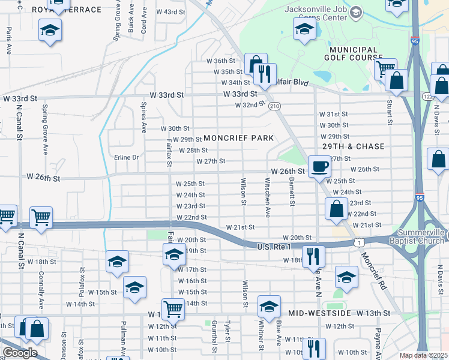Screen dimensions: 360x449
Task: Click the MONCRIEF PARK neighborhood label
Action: (239, 138)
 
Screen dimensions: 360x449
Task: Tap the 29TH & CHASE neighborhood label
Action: (353, 146)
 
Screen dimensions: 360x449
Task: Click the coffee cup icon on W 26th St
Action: (319, 165)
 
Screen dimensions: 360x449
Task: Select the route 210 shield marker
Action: (275, 106)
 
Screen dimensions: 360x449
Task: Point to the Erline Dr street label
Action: (127, 157)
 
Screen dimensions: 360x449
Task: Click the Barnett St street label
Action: (291, 191)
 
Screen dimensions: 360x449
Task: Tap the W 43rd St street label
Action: (170, 12)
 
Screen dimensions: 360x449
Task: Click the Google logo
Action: (20, 353)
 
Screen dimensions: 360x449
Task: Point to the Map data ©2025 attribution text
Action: (423, 355)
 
